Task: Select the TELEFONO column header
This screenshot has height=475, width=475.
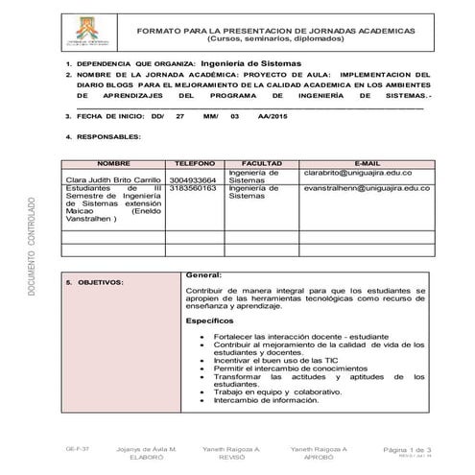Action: point(195,164)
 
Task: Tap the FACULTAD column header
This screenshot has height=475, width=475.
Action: point(261,164)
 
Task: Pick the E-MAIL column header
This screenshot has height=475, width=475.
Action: point(368,164)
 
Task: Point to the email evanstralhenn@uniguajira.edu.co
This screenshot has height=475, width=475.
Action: point(366,188)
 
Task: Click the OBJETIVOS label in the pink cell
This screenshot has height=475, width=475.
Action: point(100,284)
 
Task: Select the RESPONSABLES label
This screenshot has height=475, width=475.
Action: point(107,137)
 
